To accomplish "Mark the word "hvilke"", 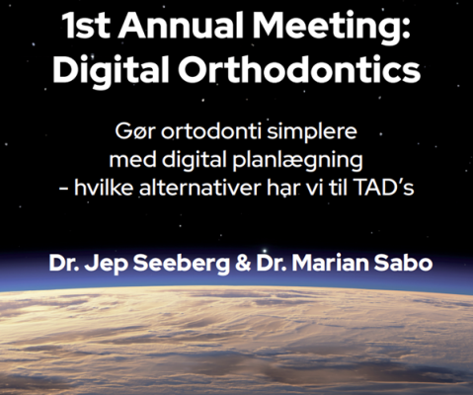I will point(137,186).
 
